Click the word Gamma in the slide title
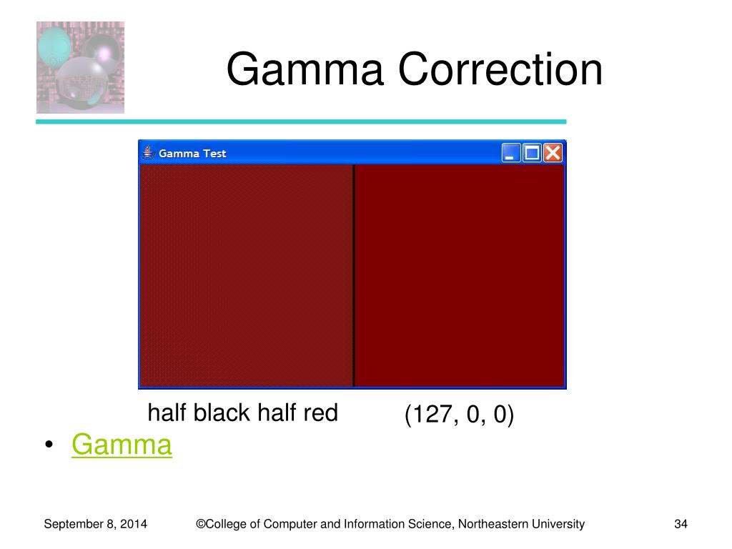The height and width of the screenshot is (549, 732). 305,69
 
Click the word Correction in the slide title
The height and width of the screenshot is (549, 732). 500,69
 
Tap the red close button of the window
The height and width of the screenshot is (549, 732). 553,153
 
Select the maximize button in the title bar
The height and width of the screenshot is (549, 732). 532,153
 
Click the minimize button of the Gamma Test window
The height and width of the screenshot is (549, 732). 511,153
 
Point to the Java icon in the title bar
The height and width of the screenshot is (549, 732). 149,153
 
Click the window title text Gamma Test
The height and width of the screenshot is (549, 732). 192,153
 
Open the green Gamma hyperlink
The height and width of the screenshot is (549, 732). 122,444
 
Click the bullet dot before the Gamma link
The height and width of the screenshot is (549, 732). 49,445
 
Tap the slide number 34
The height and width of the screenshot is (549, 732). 681,524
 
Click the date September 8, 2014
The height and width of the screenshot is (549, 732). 95,524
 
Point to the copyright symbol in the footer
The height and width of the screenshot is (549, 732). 201,524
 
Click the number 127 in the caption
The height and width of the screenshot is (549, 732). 432,414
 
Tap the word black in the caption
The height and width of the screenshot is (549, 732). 222,412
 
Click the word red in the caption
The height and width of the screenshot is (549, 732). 320,412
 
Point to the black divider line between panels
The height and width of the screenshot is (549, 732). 353,275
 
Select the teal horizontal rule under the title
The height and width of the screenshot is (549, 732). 301,122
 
